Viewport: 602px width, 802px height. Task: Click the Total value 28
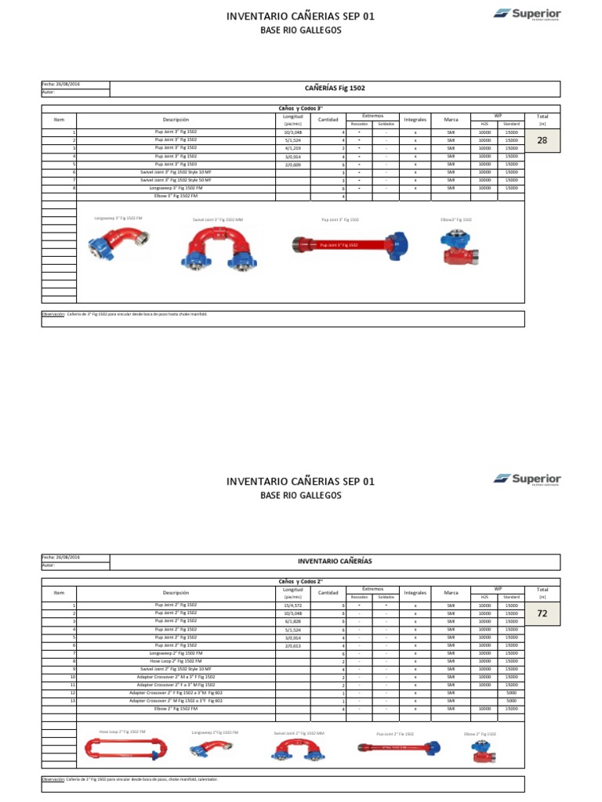click(542, 141)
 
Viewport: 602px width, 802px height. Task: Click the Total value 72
click(542, 614)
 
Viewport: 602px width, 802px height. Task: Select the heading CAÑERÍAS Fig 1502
click(335, 89)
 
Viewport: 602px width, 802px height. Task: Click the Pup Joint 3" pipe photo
click(345, 244)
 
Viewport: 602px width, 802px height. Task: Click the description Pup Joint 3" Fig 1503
click(176, 164)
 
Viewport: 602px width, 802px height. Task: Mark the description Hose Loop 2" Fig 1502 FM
click(176, 661)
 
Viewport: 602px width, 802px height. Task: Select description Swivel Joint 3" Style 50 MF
click(176, 180)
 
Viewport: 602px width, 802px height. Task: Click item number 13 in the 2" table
click(72, 701)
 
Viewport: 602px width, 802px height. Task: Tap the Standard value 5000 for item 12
click(511, 693)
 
